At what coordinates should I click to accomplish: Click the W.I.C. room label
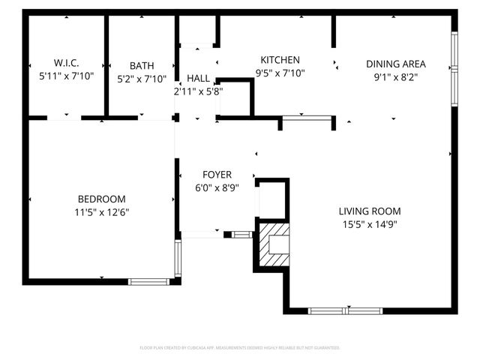(x=66, y=63)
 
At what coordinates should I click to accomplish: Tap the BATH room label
(x=141, y=65)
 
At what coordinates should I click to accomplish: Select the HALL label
(x=198, y=78)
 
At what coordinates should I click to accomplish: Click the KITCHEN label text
(x=280, y=60)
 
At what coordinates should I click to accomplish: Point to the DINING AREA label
(x=395, y=64)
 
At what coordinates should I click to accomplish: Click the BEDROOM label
(x=101, y=199)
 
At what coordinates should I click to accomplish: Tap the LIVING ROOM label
(x=369, y=211)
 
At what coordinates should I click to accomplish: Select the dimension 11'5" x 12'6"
(x=101, y=211)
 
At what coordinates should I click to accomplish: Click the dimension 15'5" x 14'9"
(x=369, y=223)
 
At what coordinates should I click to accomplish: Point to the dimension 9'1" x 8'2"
(x=395, y=76)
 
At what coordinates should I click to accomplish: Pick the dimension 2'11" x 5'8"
(x=198, y=91)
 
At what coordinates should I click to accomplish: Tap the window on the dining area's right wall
(x=454, y=68)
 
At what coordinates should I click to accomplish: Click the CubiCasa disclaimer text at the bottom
(x=240, y=348)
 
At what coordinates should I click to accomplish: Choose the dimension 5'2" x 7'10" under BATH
(x=141, y=78)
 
